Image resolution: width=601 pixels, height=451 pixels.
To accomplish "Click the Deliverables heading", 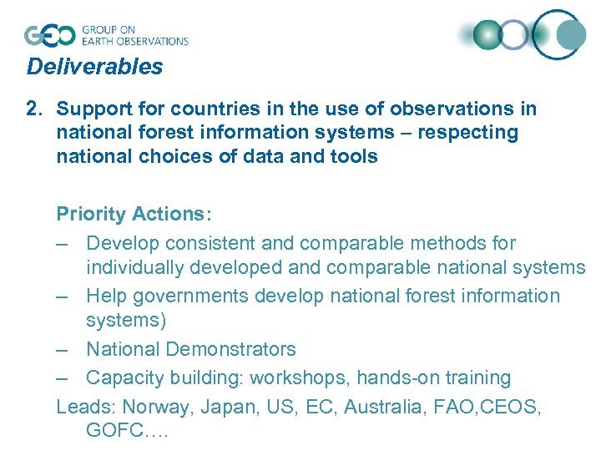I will coord(94,67).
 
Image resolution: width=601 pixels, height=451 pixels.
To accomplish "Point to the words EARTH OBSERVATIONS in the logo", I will coord(134,41).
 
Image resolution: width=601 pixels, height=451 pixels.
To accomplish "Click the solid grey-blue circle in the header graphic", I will coord(573,34).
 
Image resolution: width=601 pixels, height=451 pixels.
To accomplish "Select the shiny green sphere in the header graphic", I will coord(486,35).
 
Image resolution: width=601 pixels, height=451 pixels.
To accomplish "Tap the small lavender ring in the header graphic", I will coord(514,35).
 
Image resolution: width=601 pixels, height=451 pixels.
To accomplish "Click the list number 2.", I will coord(33,109).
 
